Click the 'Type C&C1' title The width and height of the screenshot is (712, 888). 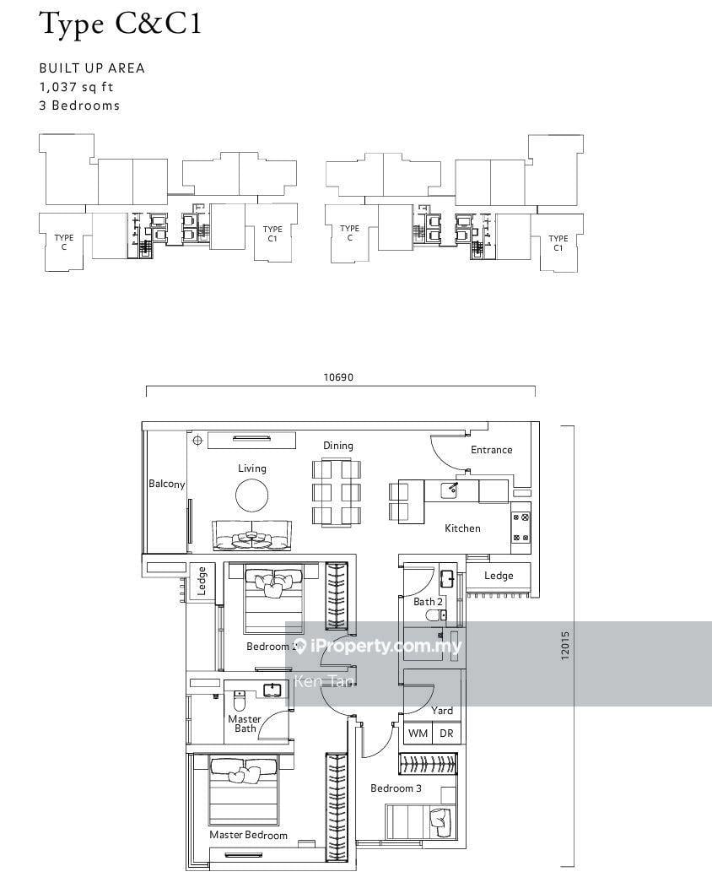[x=121, y=24]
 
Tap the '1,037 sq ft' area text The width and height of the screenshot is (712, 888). [x=77, y=87]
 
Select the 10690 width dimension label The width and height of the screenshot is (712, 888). [x=338, y=377]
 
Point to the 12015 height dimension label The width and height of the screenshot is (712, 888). [x=565, y=645]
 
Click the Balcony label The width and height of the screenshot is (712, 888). [x=166, y=484]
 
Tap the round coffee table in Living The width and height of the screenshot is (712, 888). [x=252, y=495]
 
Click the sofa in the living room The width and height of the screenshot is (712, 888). [x=252, y=535]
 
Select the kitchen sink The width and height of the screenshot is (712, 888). [x=450, y=490]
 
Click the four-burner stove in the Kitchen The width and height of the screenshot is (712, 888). [x=521, y=528]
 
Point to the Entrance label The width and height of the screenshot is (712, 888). [x=491, y=450]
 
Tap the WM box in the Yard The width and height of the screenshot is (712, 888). [x=418, y=733]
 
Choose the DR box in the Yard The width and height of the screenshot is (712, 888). [x=446, y=733]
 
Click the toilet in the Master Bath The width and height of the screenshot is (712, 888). [x=240, y=701]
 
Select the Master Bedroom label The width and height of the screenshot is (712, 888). [x=249, y=835]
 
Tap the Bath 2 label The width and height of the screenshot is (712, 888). [x=428, y=602]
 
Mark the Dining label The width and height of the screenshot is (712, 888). [x=338, y=446]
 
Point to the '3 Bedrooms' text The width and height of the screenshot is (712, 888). [x=79, y=106]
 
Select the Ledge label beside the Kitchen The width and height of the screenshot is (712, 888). [x=499, y=576]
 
